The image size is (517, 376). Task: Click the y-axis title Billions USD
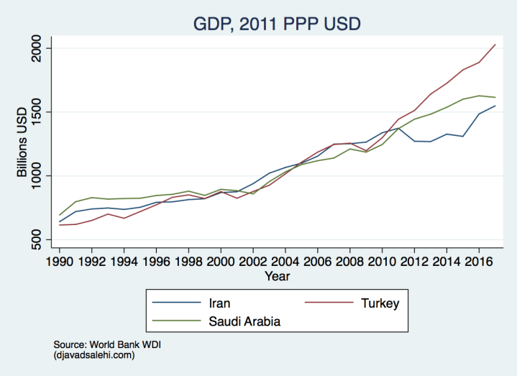click(x=22, y=143)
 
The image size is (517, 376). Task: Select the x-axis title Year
click(x=277, y=275)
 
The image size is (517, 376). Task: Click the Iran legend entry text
click(x=220, y=303)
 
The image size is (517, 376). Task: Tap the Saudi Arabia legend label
click(x=244, y=321)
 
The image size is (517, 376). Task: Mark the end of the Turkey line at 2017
click(x=495, y=45)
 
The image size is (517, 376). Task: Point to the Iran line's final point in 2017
click(x=495, y=106)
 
